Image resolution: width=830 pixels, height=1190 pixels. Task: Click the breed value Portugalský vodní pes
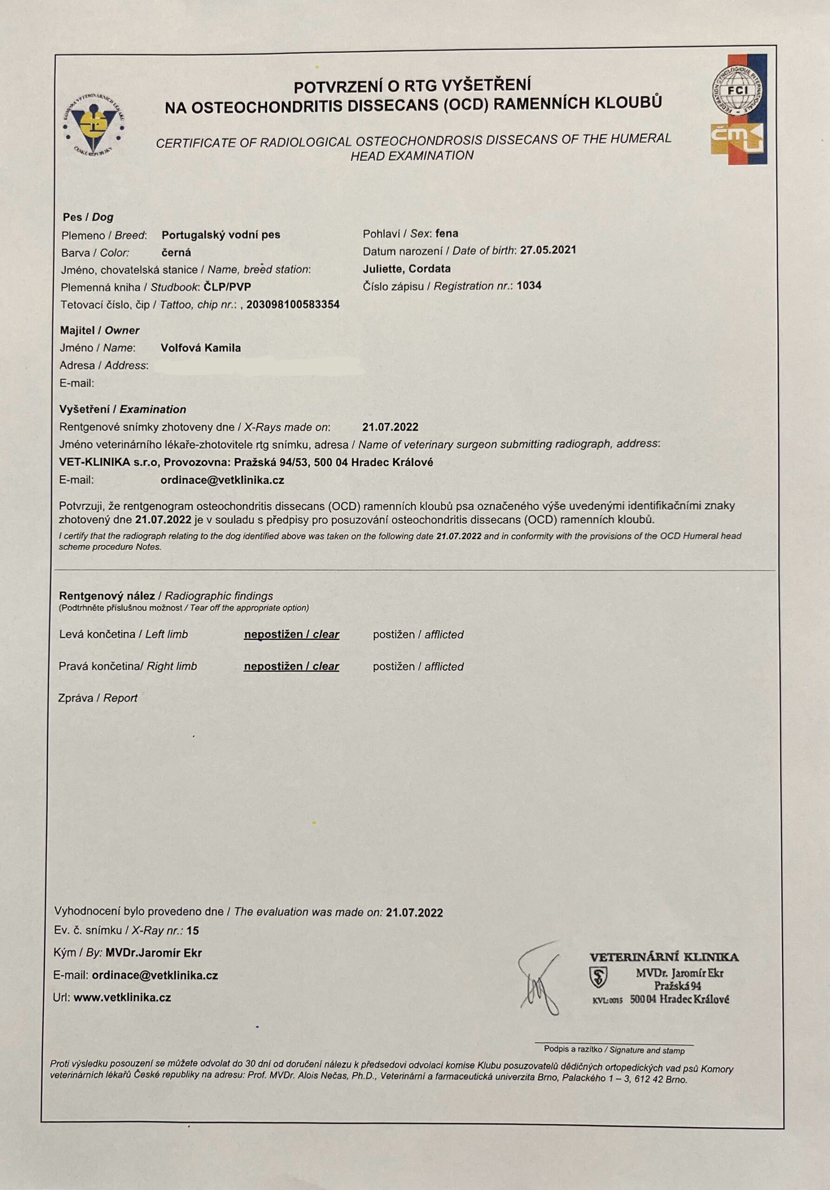coord(221,235)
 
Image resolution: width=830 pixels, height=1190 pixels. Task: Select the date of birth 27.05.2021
coord(548,251)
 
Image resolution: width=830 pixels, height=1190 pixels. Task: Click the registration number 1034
coord(529,285)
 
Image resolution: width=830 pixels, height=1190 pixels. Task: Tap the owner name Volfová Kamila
coord(200,348)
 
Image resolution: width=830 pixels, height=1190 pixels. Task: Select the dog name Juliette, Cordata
coord(406,269)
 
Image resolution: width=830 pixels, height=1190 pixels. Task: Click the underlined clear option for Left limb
coord(292,635)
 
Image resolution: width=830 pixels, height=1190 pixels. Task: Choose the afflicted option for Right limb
coord(418,667)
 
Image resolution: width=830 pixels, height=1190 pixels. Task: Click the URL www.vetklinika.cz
coord(122,997)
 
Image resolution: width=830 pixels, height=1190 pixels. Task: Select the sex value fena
coord(446,233)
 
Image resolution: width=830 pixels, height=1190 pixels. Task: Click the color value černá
coord(176,252)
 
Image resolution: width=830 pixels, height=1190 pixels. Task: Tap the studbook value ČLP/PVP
coord(227,287)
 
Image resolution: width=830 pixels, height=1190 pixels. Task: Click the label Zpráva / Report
coord(98,698)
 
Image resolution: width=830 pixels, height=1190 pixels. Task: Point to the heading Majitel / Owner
coord(100,330)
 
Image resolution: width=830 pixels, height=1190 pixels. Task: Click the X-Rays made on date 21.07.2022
coord(390,427)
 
